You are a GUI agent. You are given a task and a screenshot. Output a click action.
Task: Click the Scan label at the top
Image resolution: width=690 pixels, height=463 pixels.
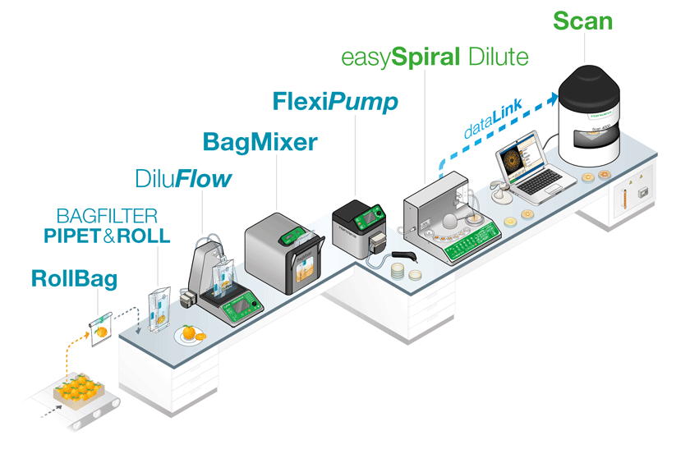[x=582, y=20]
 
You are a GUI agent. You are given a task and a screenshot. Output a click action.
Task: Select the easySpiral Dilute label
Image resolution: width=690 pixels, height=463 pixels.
[x=434, y=58]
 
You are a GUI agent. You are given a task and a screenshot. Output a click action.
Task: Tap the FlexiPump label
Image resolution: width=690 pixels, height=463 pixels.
[x=335, y=102]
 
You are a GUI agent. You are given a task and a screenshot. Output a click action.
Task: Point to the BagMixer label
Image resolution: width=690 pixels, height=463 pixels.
[x=260, y=141]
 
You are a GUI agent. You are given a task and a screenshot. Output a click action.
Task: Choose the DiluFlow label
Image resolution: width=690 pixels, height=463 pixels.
[x=183, y=178]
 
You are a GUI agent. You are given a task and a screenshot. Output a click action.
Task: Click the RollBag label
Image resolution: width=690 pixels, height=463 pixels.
[x=74, y=278]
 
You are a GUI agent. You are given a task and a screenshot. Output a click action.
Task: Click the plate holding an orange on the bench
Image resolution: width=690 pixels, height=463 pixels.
[x=191, y=334]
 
